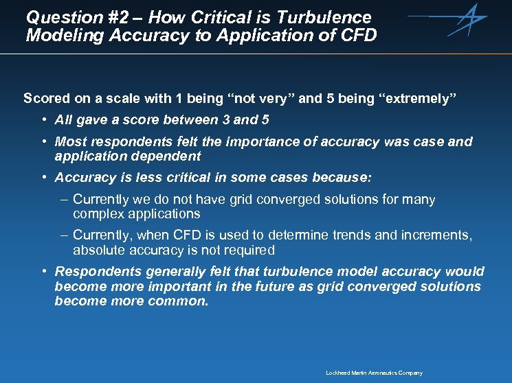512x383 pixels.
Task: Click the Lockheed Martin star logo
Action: (x=467, y=20)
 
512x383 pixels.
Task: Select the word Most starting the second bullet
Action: (x=70, y=142)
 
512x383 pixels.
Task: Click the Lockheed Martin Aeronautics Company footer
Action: (x=374, y=373)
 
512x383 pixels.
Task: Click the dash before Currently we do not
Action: (x=63, y=200)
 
